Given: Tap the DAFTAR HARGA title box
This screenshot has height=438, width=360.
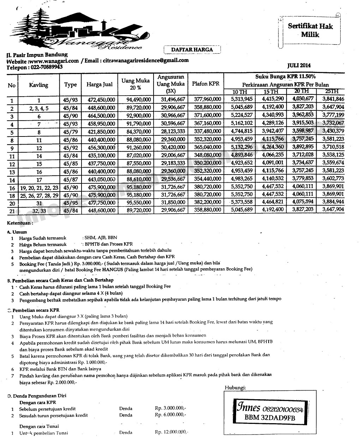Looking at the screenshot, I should point(192,50).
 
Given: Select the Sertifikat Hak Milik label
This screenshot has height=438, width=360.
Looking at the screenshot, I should point(310,30).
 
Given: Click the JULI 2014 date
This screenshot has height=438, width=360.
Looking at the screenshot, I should point(299,66).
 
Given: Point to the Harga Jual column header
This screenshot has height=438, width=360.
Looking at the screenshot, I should point(100,85).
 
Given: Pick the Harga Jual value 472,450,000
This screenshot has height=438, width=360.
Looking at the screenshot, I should point(101,100).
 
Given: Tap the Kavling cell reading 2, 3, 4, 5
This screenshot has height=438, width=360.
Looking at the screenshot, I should point(39,108).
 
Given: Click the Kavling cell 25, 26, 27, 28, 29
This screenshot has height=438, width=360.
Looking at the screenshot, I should point(39,195).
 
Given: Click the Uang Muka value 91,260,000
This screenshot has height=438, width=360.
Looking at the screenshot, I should point(139,147).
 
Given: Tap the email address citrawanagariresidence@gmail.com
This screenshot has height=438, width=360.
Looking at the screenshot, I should point(146,61).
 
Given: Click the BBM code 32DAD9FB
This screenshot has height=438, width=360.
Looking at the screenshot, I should point(270,418).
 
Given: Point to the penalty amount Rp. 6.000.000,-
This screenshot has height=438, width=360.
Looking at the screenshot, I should point(170,415).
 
